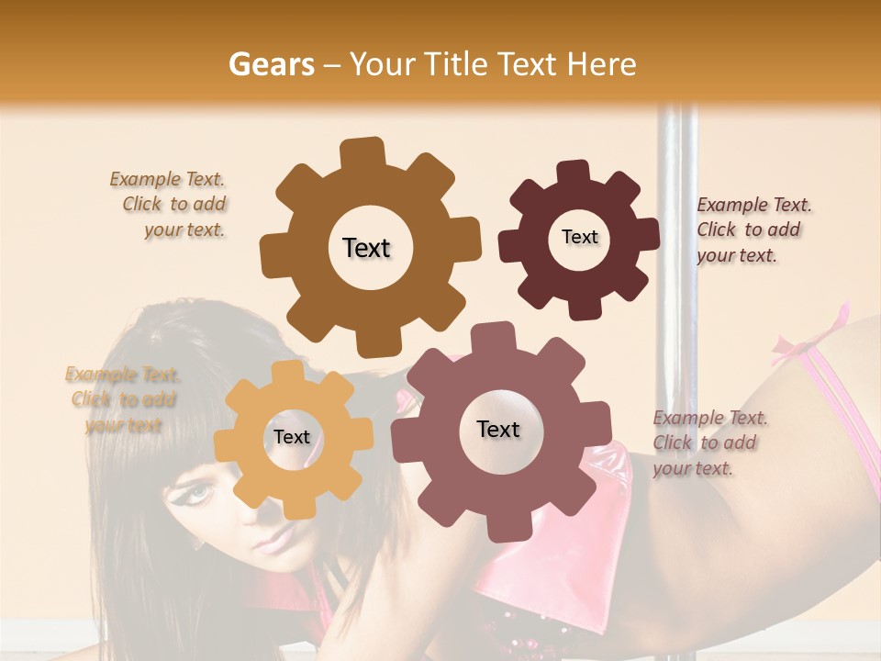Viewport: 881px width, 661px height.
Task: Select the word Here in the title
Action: pos(602,65)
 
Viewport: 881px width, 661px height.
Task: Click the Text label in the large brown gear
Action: pos(366,248)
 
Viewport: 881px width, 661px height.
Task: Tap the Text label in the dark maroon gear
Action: pos(579,237)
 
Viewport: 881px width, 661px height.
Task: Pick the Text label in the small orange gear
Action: pos(292,438)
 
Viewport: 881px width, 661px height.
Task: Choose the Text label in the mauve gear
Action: pos(498,429)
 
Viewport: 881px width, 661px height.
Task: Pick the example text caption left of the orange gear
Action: pos(123,399)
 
